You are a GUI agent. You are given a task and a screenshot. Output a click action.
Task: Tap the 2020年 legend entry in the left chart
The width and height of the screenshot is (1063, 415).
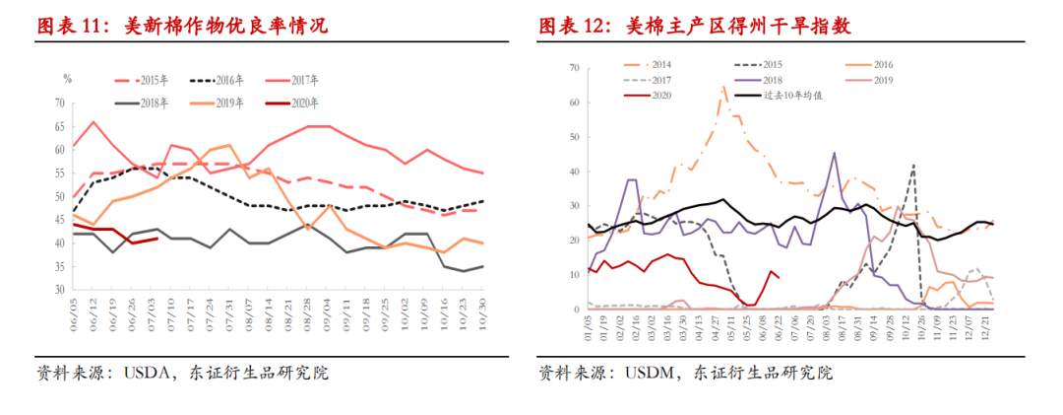pos(295,103)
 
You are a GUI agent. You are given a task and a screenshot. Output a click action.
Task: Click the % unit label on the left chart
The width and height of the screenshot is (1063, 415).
pos(68,78)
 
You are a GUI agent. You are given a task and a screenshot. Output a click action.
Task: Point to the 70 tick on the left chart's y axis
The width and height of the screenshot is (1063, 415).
pos(59,104)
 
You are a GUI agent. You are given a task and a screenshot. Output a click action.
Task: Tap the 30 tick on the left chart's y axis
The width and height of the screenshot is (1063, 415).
pos(59,291)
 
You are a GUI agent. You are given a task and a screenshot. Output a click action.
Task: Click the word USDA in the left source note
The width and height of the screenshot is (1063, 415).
pos(148,374)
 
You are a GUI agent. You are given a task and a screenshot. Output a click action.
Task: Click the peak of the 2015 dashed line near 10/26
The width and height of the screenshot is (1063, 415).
pos(914,165)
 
